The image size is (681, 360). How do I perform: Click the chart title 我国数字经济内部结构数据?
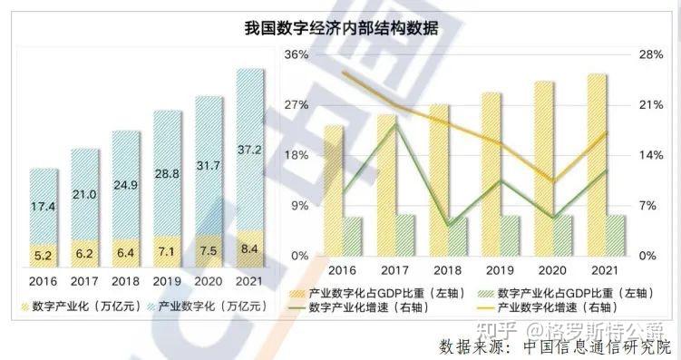341,29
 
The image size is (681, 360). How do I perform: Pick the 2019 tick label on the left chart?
166,280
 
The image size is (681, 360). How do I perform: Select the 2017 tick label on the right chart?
394,270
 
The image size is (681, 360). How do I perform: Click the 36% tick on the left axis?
297,55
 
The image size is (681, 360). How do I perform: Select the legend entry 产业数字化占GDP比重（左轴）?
373,294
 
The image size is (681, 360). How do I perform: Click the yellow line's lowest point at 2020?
551,181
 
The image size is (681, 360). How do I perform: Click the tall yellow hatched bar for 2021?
596,163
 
